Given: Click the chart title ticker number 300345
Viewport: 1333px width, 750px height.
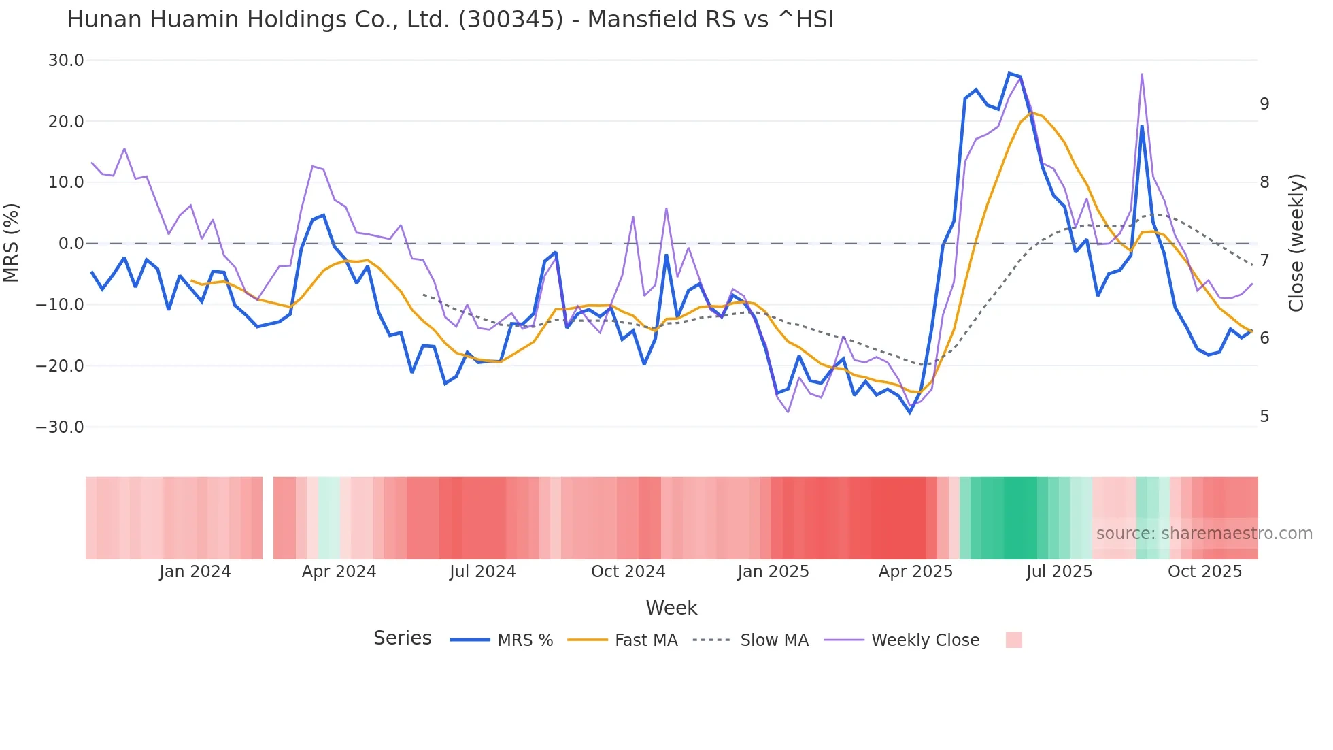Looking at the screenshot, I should (x=511, y=20).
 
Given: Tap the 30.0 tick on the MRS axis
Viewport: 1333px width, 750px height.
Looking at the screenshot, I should (x=66, y=61).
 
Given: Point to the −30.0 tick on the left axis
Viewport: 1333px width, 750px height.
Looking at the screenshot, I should (x=60, y=427).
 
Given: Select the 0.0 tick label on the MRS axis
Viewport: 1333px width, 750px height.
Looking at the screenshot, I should (x=71, y=244).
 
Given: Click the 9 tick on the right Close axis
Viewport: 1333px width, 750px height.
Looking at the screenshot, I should (x=1264, y=104).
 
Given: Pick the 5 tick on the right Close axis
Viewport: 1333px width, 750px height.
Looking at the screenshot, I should (x=1264, y=416).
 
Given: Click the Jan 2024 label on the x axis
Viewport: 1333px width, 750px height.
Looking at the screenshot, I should (x=195, y=572).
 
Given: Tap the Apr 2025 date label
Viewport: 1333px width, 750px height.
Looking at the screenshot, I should (x=915, y=572).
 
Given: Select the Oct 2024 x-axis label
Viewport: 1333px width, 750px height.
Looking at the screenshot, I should (x=628, y=572).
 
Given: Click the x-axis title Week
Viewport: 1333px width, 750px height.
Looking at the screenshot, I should (x=671, y=608).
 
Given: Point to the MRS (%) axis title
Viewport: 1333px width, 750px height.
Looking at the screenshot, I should (x=12, y=243).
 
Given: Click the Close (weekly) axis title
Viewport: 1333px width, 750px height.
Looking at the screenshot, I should (x=1296, y=243).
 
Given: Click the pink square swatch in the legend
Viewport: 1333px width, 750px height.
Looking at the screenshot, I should (x=1013, y=640).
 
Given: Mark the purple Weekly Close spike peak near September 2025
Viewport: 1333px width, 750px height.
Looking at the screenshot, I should (x=1142, y=74).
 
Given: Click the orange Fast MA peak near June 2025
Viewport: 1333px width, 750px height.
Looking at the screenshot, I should (x=1032, y=112).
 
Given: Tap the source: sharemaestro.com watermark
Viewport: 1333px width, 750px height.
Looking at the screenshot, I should (x=1204, y=534).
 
